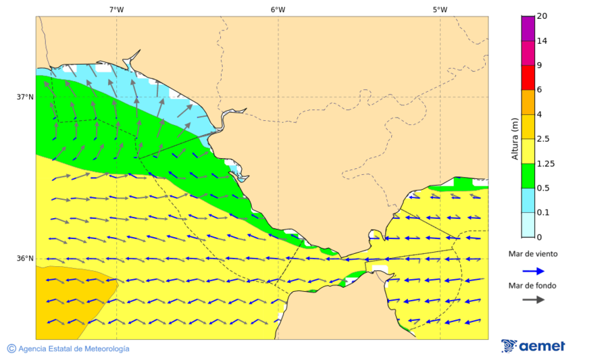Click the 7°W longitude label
click(116, 9)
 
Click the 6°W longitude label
click(278, 9)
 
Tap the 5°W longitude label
click(440, 9)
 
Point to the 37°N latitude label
click(25, 97)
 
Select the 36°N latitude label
click(25, 259)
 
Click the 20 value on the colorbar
click(542, 16)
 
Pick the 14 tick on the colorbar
click(542, 41)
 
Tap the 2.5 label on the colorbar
click(543, 139)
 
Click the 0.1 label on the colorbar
click(543, 213)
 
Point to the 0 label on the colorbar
click(539, 237)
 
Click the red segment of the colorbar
click(528, 77)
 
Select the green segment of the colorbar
click(528, 176)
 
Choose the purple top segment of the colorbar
click(528, 28)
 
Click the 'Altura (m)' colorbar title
click(515, 138)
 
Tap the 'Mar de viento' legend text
click(533, 254)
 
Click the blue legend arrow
click(533, 271)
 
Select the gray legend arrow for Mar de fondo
click(533, 299)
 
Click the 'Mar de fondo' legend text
click(533, 286)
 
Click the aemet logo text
click(542, 346)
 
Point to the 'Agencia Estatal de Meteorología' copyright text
click(73, 349)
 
